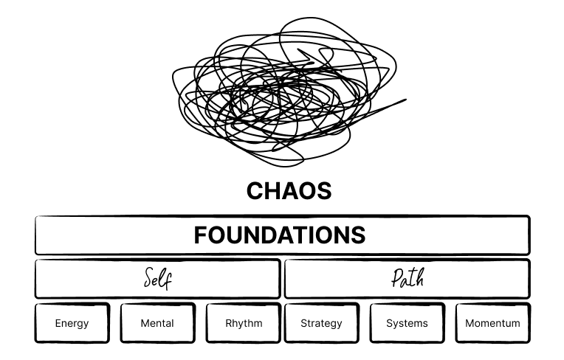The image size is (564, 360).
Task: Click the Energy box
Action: pyautogui.click(x=72, y=323)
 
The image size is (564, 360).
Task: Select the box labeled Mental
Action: pyautogui.click(x=157, y=323)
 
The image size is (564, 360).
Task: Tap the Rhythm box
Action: pyautogui.click(x=243, y=323)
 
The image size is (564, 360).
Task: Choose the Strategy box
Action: pyautogui.click(x=321, y=323)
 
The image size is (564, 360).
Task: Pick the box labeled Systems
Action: pyautogui.click(x=407, y=323)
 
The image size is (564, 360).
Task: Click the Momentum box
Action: pyautogui.click(x=492, y=323)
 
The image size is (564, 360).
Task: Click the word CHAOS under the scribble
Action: pyautogui.click(x=289, y=191)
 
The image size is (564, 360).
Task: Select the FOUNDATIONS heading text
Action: pyautogui.click(x=280, y=235)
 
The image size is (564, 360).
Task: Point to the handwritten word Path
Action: pyautogui.click(x=407, y=280)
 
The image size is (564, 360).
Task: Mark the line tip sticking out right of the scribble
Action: pyautogui.click(x=405, y=100)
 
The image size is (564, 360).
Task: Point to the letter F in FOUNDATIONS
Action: pyautogui.click(x=200, y=235)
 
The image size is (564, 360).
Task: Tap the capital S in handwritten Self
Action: pyautogui.click(x=148, y=280)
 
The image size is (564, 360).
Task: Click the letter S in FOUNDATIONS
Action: pyautogui.click(x=358, y=235)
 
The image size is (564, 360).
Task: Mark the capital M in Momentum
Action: pyautogui.click(x=470, y=323)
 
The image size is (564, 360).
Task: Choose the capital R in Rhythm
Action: pyautogui.click(x=229, y=323)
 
